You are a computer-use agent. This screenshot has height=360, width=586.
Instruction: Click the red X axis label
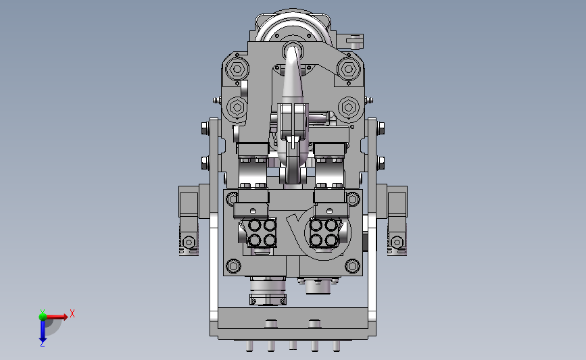pyautogui.click(x=72, y=313)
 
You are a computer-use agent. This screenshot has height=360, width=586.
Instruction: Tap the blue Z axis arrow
pyautogui.click(x=43, y=330)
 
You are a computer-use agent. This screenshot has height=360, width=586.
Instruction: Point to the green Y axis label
pyautogui.click(x=43, y=312)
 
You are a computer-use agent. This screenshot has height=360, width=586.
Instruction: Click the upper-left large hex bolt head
pyautogui.click(x=237, y=69)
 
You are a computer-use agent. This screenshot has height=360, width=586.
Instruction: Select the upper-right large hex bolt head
pyautogui.click(x=349, y=69)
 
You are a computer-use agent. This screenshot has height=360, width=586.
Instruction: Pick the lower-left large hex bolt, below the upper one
pyautogui.click(x=237, y=107)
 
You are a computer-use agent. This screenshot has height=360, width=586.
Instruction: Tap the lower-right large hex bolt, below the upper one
pyautogui.click(x=349, y=107)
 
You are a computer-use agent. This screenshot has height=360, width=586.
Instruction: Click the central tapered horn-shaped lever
pyautogui.click(x=293, y=75)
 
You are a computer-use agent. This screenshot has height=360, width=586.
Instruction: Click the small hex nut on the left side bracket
pyautogui.click(x=189, y=242)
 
